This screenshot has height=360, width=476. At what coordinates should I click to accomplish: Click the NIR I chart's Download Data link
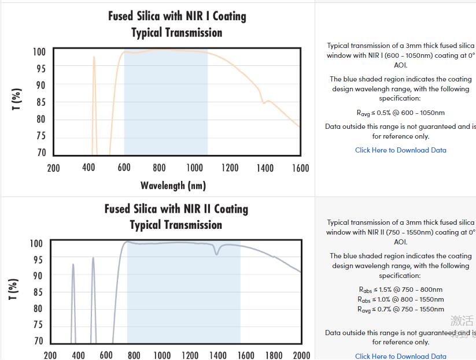pos(400,150)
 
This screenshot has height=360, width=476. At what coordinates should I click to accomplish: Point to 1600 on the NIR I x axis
pos(300,168)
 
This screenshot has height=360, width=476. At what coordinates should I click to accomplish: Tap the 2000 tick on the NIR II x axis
pos(301,355)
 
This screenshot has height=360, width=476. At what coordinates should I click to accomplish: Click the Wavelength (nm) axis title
pos(173,185)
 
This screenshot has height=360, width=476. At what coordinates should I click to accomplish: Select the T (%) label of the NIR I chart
pos(17,99)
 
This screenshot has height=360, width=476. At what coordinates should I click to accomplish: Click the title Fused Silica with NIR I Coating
pos(177,16)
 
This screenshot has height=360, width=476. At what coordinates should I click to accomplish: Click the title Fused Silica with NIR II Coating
pos(176,209)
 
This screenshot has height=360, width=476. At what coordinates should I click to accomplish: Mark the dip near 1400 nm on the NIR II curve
pos(217,253)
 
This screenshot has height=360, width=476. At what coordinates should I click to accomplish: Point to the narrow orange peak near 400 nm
pos(94,58)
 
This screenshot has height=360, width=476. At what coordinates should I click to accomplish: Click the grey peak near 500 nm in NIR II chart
pos(93,259)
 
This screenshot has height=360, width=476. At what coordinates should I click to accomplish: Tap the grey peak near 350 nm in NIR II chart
pos(73,265)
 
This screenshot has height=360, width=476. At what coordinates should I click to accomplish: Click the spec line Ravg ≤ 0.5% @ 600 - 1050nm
pos(400,113)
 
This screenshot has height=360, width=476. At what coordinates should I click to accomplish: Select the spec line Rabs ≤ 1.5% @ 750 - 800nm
pos(400,290)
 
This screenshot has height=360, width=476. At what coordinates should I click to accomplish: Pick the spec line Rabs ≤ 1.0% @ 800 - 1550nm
pos(400,299)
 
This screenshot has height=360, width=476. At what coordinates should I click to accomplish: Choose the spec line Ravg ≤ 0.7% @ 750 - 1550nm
pos(400,309)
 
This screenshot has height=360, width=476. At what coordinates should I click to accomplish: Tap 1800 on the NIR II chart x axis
pos(274,355)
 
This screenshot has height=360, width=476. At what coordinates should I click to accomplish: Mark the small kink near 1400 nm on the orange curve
pos(264,102)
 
